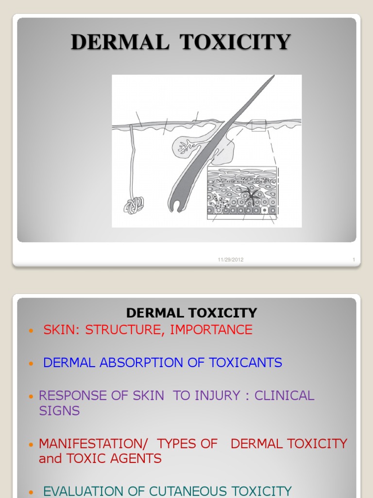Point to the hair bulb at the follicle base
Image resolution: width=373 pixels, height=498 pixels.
[x=178, y=205]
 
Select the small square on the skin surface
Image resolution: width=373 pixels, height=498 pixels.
[x=258, y=125]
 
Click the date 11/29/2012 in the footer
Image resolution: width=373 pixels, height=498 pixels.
[x=231, y=260]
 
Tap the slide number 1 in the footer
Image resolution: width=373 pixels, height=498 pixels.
[x=354, y=260]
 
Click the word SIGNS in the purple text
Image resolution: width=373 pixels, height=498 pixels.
[x=59, y=411]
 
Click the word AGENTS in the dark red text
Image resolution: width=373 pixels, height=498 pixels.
[x=138, y=459]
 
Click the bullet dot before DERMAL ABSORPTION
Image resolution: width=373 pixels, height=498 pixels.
[x=32, y=363]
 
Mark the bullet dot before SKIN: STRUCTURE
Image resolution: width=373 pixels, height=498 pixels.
[x=32, y=331]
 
